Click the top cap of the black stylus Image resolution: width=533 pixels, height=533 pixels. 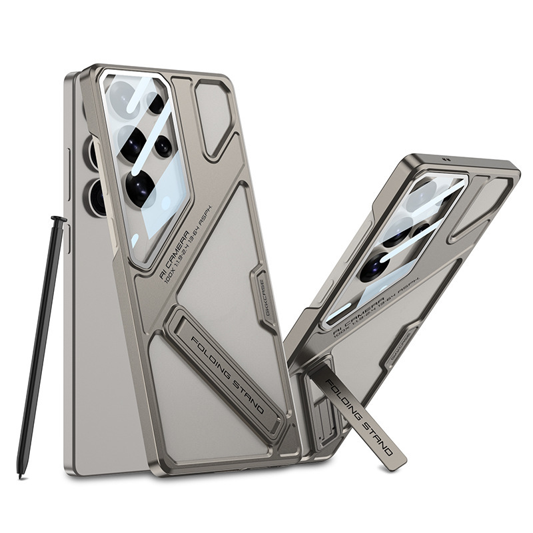coord(59,219)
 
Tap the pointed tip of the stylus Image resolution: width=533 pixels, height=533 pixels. coord(21,475)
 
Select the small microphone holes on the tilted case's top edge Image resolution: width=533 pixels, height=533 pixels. coord(446,161)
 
